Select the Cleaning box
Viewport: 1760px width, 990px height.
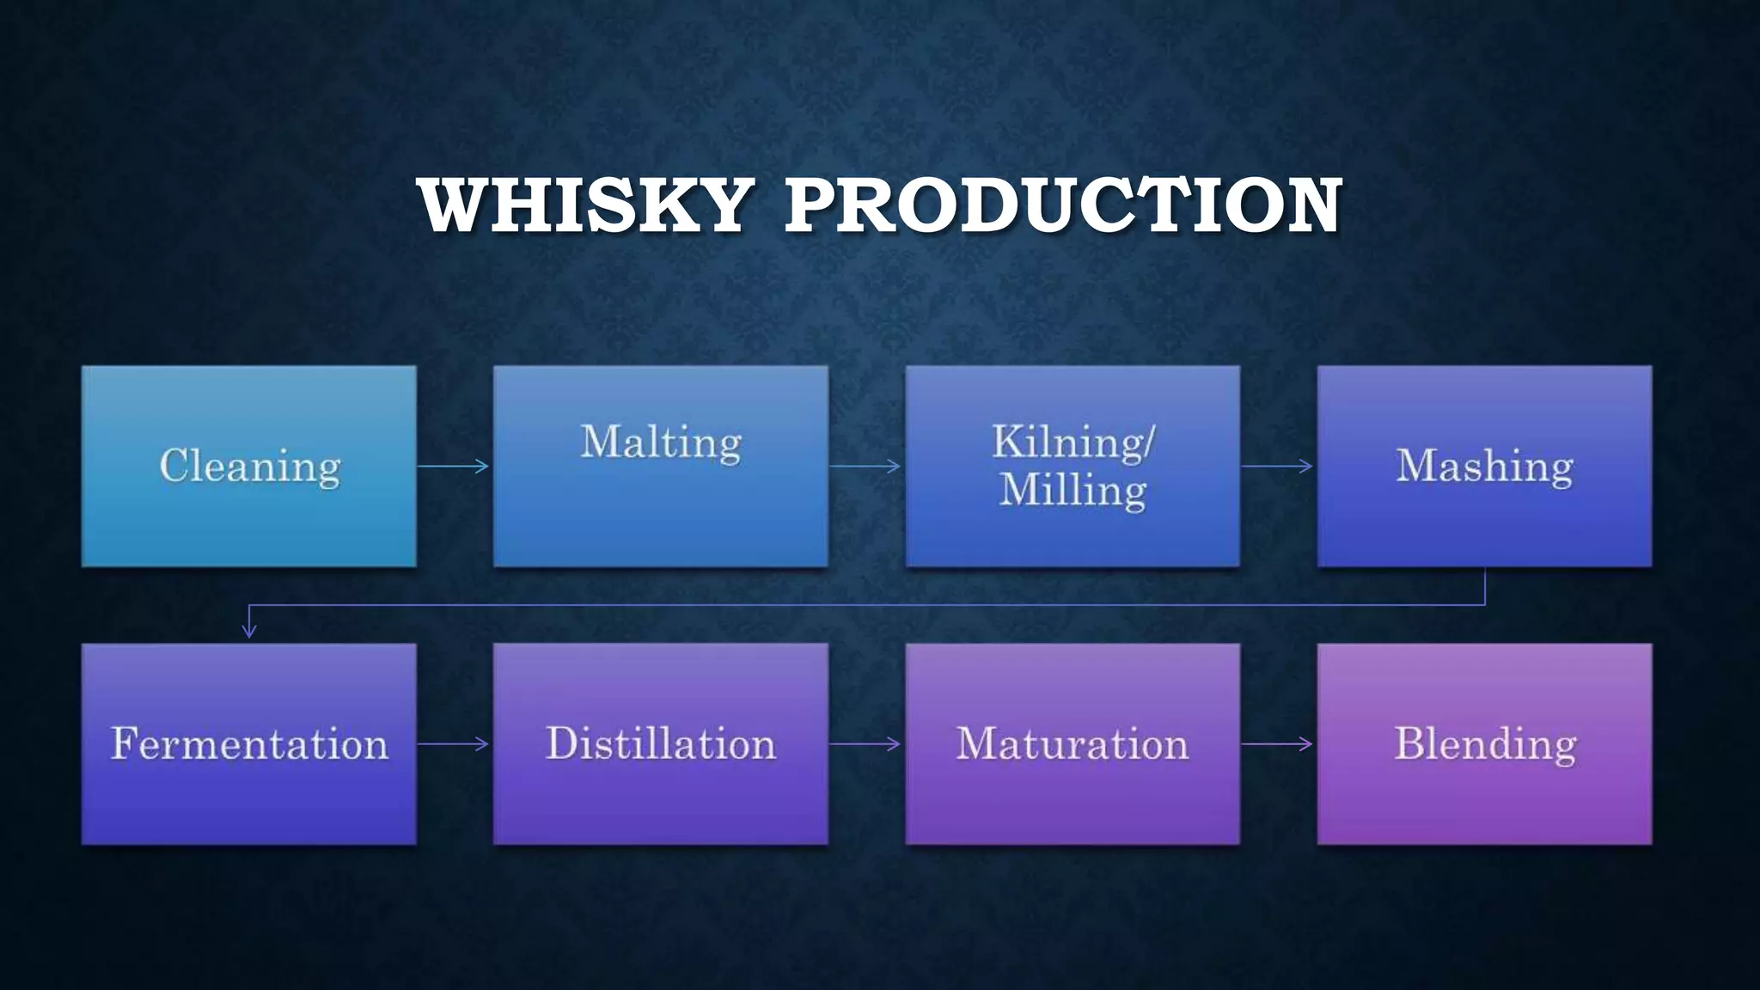click(249, 466)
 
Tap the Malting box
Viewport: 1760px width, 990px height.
click(660, 466)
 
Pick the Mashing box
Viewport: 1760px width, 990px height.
click(1484, 466)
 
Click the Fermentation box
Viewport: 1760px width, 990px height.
click(249, 743)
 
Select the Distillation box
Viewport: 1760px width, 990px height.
click(660, 743)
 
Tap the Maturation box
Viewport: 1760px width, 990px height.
click(1072, 743)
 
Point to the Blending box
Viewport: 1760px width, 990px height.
click(1484, 743)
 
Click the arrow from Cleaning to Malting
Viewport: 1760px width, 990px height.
click(454, 466)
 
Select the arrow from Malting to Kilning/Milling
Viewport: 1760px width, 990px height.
click(865, 466)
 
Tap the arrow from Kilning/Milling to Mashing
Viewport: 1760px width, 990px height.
click(1277, 466)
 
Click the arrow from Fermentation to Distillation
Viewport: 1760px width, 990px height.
click(454, 743)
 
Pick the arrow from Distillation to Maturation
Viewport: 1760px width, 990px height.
click(865, 743)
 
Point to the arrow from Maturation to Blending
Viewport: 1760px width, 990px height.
click(1277, 743)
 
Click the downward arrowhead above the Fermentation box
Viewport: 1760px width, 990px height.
click(249, 631)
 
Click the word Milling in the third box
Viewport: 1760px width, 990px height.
click(1072, 491)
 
